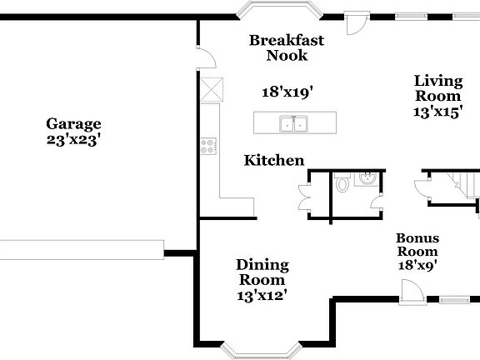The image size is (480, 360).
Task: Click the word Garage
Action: point(73,124)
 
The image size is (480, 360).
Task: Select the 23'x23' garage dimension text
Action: point(73,140)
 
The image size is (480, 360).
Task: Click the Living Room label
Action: point(438,88)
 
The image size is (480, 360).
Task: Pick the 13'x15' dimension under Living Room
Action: point(438,112)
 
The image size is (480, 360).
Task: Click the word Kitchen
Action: point(273,161)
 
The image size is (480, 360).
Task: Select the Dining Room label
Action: point(262,272)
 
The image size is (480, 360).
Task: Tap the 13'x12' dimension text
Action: point(262,294)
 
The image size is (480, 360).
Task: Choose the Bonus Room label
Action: point(417,244)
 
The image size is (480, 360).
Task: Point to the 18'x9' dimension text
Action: point(417,266)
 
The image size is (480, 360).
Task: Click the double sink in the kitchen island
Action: point(292,124)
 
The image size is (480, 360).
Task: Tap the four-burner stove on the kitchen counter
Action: point(207,147)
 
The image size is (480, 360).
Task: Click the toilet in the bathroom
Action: point(342,184)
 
